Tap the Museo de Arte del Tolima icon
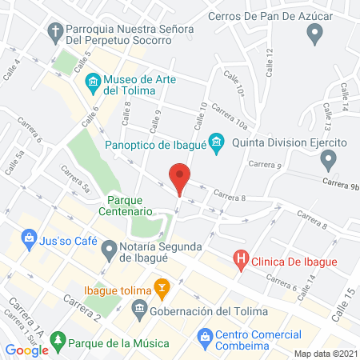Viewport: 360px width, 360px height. click(x=92, y=81)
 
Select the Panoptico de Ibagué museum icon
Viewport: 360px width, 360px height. click(x=216, y=144)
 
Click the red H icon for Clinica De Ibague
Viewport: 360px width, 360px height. click(x=240, y=259)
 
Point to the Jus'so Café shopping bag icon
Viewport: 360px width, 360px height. click(x=30, y=238)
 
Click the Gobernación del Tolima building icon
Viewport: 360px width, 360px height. click(x=139, y=309)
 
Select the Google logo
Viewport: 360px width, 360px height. click(x=27, y=350)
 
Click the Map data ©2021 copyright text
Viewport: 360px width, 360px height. click(x=325, y=353)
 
